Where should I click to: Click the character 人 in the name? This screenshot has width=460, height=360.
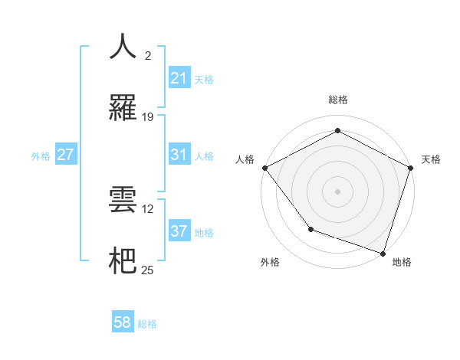coord(123,47)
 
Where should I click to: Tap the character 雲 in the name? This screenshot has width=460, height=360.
coord(123,200)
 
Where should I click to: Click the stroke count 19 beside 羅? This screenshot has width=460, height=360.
coord(148,117)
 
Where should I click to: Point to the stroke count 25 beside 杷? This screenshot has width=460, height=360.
coord(148,270)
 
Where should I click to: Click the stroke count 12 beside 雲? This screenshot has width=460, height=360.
coord(148,208)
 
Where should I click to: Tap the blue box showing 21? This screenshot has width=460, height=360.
coord(179,78)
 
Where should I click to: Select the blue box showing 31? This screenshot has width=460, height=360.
coord(179,155)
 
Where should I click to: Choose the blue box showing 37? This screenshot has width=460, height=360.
coord(179,231)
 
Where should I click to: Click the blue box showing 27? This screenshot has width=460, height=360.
coord(65,155)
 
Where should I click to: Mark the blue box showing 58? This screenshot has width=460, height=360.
coord(123,322)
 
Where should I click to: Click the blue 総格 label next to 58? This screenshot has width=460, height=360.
coord(147,324)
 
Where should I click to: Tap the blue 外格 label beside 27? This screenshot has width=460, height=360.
coord(41,156)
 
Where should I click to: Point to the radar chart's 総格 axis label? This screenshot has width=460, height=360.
coord(337,100)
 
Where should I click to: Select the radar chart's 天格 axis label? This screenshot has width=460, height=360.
coord(432,159)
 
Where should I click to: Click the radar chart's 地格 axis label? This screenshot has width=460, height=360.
coord(402,263)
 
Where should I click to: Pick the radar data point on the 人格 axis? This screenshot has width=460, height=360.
coord(264,168)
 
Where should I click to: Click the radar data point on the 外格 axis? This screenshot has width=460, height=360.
coord(310,228)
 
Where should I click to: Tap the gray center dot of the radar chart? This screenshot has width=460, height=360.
coord(337,191)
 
